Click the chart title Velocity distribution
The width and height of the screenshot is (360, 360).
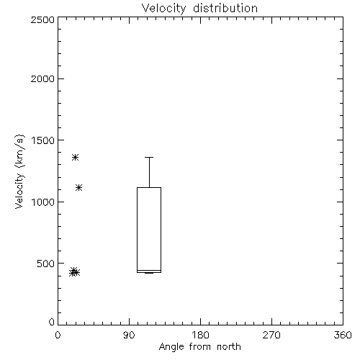coord(199,9)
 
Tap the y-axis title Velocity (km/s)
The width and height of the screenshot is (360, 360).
coord(19,171)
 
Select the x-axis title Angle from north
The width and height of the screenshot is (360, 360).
coord(199,347)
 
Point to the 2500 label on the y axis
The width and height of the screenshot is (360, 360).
coord(42,19)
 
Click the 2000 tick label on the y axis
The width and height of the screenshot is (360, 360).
coord(42,78)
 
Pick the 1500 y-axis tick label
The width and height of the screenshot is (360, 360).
coord(43,140)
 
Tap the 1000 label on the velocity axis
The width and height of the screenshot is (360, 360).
coord(43,202)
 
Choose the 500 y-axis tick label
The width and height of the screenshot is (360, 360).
coord(46,264)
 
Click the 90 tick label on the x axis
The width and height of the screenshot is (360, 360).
coord(129,335)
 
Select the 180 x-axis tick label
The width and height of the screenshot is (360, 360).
coord(200,335)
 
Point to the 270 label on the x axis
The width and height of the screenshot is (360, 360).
coord(271,335)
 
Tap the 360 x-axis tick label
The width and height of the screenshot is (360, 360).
coord(343,335)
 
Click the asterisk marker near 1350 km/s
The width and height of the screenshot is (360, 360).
coord(76,158)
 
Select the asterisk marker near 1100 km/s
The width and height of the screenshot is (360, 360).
coord(79,188)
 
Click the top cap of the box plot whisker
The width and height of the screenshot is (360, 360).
coord(149,158)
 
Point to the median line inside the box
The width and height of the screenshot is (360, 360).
coord(149,270)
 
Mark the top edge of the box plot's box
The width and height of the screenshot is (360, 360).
coord(149,188)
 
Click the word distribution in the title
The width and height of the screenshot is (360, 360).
coord(225,9)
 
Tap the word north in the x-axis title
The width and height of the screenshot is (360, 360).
coord(229,347)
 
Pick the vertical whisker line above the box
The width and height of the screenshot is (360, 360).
coord(149,173)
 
